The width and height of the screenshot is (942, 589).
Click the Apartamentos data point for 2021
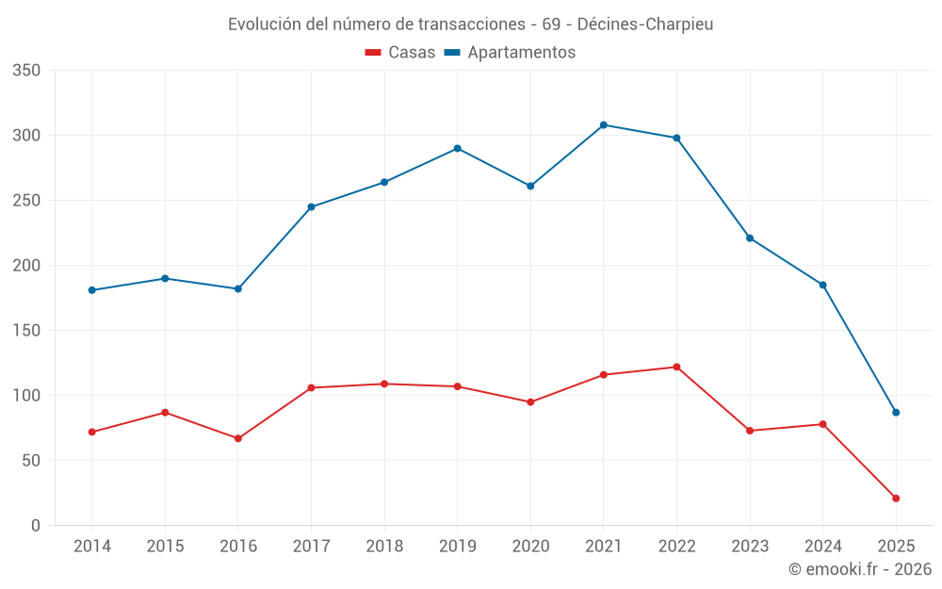click(x=604, y=124)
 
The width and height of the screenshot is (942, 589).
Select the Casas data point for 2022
click(x=676, y=367)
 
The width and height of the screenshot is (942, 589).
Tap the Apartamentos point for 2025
click(x=896, y=412)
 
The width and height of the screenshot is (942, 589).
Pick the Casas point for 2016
click(x=238, y=438)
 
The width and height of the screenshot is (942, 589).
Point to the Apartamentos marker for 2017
click(x=311, y=206)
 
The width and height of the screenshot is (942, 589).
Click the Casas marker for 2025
click(x=896, y=498)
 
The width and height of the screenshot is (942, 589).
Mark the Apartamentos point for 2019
click(x=457, y=148)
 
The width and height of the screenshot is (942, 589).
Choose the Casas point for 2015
click(x=165, y=412)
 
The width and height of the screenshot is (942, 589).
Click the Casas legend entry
click(x=400, y=53)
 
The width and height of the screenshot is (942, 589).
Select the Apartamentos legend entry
click(x=510, y=53)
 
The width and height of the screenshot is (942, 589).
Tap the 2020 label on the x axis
click(x=530, y=546)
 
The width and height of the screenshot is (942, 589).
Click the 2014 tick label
click(x=91, y=546)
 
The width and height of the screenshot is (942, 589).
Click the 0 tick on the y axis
click(x=36, y=526)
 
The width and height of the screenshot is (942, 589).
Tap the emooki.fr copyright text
click(x=860, y=569)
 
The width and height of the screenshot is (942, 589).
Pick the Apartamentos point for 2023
click(x=750, y=237)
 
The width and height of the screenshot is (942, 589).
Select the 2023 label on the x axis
click(x=750, y=546)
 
